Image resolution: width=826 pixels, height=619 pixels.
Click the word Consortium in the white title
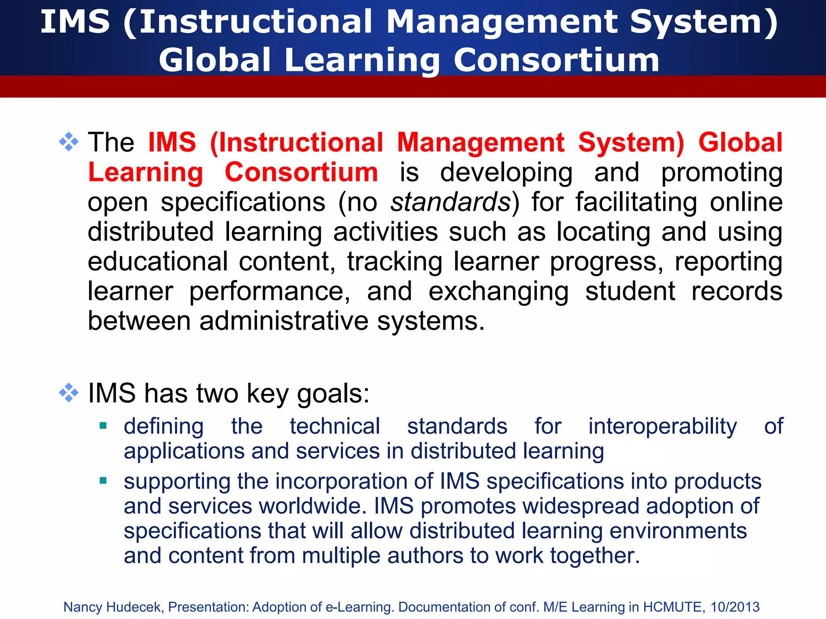coord(557,60)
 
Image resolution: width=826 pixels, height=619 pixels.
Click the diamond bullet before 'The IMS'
coord(69,142)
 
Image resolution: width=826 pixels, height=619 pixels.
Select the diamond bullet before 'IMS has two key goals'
coord(69,393)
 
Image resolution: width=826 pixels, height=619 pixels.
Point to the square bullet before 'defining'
coord(103,425)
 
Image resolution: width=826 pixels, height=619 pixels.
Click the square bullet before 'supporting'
coord(103,480)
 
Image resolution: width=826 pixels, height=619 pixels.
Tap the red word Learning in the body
coord(146,172)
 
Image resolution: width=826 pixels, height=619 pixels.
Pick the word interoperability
coord(663,426)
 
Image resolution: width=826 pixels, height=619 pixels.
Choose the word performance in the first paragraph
coord(269,292)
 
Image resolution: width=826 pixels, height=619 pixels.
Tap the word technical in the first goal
coord(335,426)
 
